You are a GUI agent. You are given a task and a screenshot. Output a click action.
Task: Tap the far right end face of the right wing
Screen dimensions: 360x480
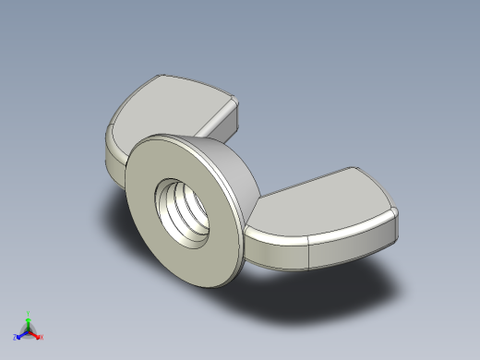[x=397, y=231]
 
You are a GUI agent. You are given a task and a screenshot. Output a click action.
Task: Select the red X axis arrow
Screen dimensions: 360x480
[x=36, y=335]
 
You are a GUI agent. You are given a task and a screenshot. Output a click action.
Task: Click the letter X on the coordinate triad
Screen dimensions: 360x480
[x=42, y=338]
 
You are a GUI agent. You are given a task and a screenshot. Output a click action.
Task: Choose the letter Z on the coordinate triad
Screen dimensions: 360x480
[x=15, y=338]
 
